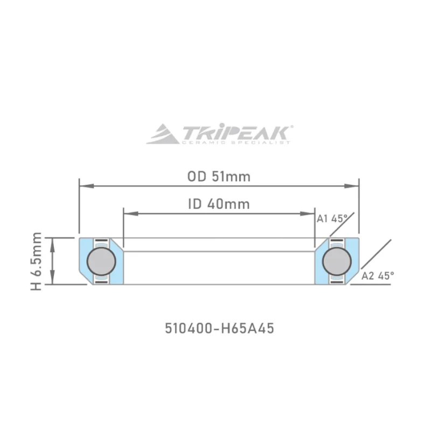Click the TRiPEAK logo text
click(236, 132)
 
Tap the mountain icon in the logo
click(163, 134)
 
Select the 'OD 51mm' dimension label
click(219, 176)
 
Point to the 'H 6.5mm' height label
click(37, 261)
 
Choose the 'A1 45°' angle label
click(331, 219)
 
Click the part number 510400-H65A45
click(219, 328)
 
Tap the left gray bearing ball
click(101, 261)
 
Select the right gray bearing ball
click(337, 261)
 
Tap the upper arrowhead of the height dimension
click(53, 241)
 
